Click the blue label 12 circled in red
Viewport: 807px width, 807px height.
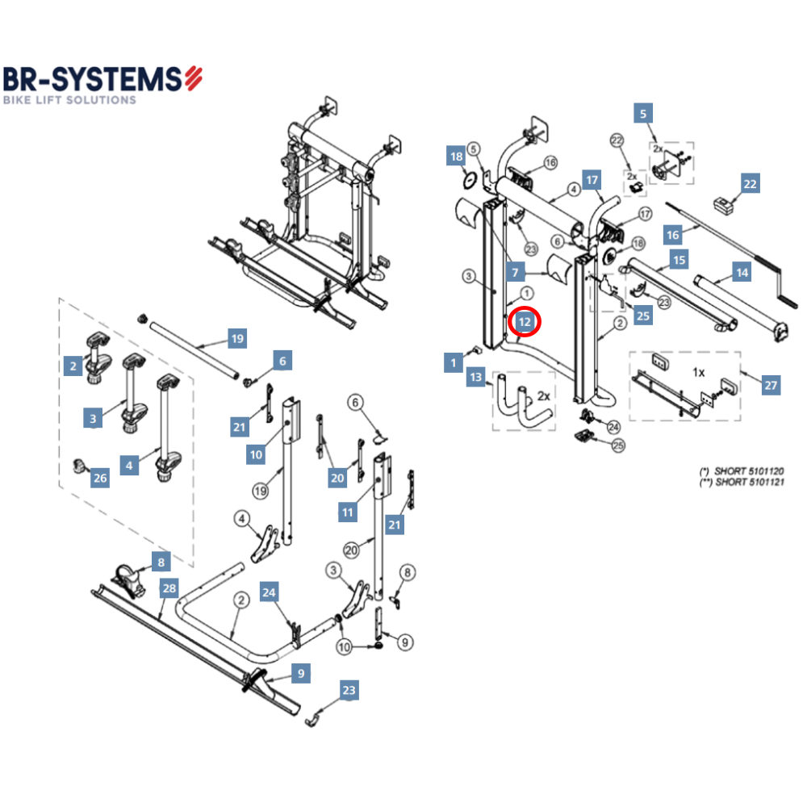click(525, 322)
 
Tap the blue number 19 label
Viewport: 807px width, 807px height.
click(236, 339)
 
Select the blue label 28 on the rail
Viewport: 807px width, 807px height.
click(168, 588)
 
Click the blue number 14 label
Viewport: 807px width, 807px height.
click(742, 273)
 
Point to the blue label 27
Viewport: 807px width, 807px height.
click(771, 386)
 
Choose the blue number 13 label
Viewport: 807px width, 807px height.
click(476, 377)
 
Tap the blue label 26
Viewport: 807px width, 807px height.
click(100, 479)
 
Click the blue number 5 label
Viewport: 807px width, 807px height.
click(642, 114)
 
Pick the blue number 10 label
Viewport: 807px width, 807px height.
click(256, 455)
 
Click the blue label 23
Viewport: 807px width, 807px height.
click(348, 690)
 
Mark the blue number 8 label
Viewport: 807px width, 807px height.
click(160, 560)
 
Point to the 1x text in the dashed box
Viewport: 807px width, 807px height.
click(699, 373)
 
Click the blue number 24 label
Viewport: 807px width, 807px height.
click(269, 593)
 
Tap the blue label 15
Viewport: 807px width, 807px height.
click(679, 261)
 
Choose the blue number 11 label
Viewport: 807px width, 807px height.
click(348, 512)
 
